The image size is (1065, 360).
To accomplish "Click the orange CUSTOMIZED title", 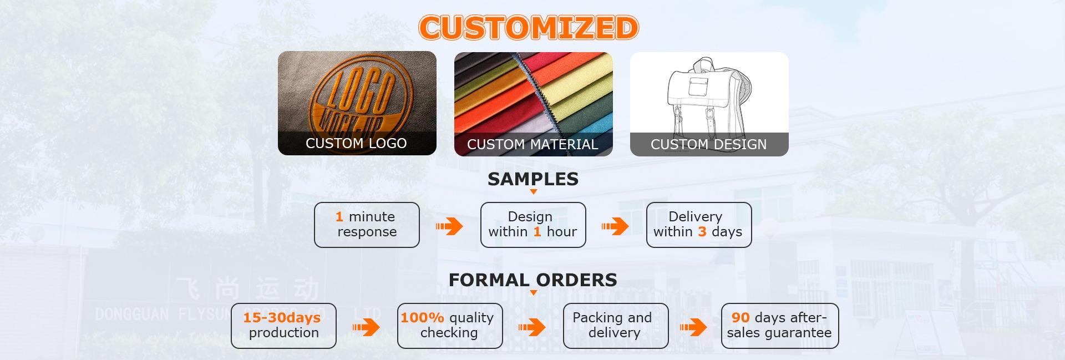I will pyautogui.click(x=529, y=27).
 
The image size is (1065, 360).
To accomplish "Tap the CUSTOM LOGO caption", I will pyautogui.click(x=356, y=143).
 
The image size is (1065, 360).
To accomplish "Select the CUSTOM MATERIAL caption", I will pyautogui.click(x=532, y=144).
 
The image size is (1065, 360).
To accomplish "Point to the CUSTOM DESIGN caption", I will pyautogui.click(x=708, y=144).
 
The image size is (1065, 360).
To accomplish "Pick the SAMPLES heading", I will pyautogui.click(x=533, y=179).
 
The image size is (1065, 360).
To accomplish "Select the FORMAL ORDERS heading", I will pyautogui.click(x=532, y=280).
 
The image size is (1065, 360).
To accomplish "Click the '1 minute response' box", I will pyautogui.click(x=367, y=225).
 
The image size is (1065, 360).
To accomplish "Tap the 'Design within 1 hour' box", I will pyautogui.click(x=533, y=225).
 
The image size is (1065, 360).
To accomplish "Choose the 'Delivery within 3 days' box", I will pyautogui.click(x=699, y=225).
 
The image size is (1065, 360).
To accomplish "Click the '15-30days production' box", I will pyautogui.click(x=283, y=326).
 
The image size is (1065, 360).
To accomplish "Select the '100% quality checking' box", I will pyautogui.click(x=450, y=326).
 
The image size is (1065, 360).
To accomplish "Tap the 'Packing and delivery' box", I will pyautogui.click(x=616, y=326).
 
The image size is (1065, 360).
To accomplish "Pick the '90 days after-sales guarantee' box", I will pyautogui.click(x=779, y=326).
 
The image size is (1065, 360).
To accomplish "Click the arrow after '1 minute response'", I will pyautogui.click(x=449, y=226).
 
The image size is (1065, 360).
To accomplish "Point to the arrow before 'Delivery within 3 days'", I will pyautogui.click(x=615, y=226).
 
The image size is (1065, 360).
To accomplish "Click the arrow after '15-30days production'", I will pyautogui.click(x=366, y=327).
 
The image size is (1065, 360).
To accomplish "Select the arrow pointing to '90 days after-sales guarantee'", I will pyautogui.click(x=693, y=327).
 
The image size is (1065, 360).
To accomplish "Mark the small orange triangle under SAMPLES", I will pyautogui.click(x=534, y=192).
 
